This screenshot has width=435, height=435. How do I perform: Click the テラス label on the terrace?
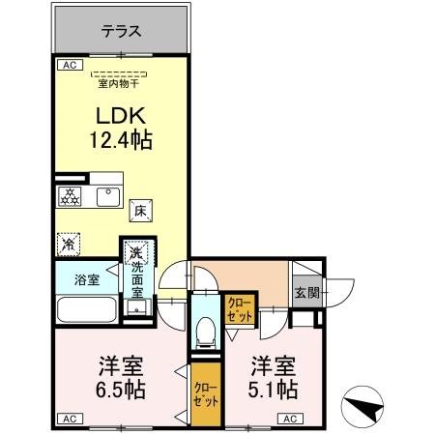click(x=122, y=31)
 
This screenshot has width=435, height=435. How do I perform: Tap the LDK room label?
click(x=122, y=114)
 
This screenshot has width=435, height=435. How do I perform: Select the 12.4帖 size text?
click(x=122, y=141)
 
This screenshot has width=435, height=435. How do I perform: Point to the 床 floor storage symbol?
click(x=139, y=210)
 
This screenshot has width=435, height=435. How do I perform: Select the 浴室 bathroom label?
click(x=87, y=280)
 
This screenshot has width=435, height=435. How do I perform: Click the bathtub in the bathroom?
click(x=87, y=310)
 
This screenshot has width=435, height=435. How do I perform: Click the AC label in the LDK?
click(x=69, y=66)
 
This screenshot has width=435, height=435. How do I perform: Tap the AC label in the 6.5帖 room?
click(x=69, y=419)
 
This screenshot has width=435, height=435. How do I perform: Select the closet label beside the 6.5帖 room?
click(x=205, y=392)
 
